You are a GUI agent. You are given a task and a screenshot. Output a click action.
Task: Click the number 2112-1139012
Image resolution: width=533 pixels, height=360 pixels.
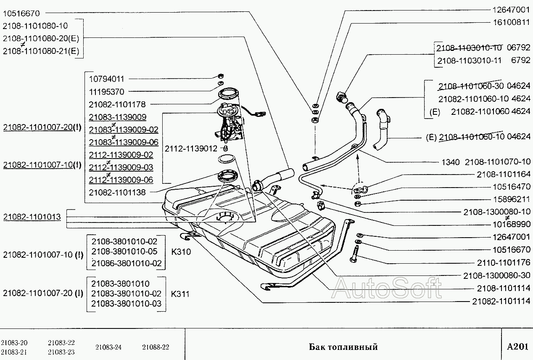tap(191, 148)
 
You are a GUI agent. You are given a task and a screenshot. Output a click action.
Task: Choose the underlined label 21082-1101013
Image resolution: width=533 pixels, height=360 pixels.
tap(32, 217)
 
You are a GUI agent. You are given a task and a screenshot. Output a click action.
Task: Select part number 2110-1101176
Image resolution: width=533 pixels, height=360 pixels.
tap(504, 263)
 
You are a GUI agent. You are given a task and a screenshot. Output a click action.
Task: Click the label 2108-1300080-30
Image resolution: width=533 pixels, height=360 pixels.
tap(497, 275)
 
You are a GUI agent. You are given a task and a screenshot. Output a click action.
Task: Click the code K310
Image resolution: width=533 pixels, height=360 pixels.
tap(181, 252)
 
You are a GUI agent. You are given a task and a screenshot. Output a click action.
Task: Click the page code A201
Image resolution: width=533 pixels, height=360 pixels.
tap(517, 347)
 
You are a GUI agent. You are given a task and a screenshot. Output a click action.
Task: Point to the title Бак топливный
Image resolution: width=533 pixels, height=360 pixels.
tap(343, 347)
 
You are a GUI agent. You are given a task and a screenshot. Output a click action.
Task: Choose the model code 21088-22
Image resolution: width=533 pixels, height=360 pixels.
tap(156, 347)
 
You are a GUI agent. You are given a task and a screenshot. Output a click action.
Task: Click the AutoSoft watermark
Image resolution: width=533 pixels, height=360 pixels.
tap(387, 288)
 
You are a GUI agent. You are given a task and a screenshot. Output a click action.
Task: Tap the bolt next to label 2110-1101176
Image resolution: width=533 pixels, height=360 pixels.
tap(352, 255)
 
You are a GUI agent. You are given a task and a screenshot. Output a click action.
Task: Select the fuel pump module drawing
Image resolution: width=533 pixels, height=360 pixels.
tap(230, 124)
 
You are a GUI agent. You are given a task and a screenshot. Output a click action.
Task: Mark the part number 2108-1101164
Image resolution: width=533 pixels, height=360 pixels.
tap(504, 174)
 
